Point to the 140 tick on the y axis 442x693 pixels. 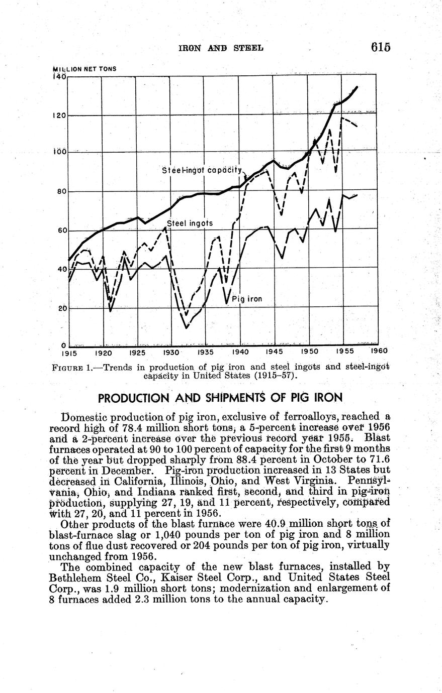(59, 77)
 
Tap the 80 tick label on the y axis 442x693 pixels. (61, 191)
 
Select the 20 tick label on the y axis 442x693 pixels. (61, 308)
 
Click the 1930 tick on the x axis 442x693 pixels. (171, 352)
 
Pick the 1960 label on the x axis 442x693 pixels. (379, 351)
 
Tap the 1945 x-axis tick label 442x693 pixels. (275, 352)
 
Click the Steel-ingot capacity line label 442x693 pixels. (202, 171)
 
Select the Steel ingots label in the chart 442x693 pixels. (190, 223)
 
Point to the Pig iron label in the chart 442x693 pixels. (247, 299)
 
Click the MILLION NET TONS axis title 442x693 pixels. (84, 69)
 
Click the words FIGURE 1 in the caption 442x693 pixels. (71, 367)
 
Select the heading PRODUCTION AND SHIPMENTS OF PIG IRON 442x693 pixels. (220, 398)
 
